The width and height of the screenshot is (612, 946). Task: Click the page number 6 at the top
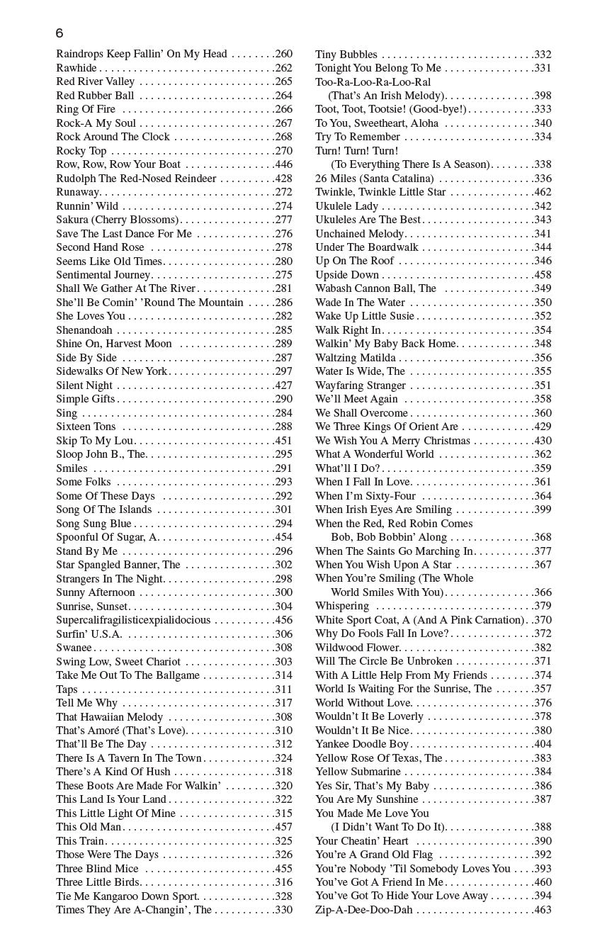(x=59, y=33)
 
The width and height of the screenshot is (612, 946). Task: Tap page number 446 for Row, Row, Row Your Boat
(x=283, y=164)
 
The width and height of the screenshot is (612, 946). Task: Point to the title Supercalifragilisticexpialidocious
(x=133, y=620)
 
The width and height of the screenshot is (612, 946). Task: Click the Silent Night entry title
(x=84, y=385)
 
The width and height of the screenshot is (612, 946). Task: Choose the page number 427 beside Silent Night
(x=283, y=385)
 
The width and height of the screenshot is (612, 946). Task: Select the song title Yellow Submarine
(x=358, y=772)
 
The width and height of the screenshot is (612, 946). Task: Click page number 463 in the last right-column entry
(x=543, y=910)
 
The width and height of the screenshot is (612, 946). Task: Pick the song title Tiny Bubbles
(x=346, y=55)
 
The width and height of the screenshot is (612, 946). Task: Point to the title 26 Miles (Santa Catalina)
(x=374, y=179)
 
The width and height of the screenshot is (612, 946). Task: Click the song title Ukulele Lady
(x=347, y=206)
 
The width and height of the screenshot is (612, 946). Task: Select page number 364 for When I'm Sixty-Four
(x=543, y=496)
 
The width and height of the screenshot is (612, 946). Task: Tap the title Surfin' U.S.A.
(x=89, y=634)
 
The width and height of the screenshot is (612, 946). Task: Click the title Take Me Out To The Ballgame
(x=128, y=675)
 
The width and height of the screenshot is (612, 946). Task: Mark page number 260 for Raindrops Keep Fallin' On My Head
(x=283, y=54)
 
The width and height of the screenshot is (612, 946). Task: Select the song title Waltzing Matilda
(x=356, y=358)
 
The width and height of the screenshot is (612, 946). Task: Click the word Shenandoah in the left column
(x=84, y=330)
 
